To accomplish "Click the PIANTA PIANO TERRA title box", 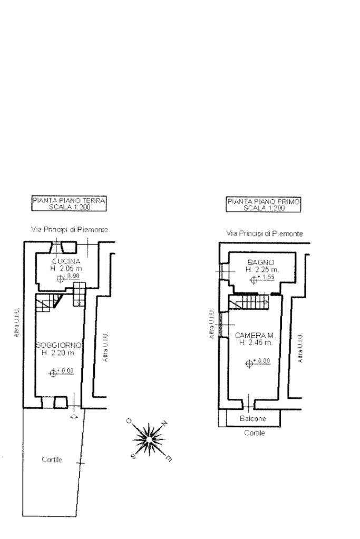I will coord(70,203).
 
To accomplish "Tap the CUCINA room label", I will coord(66,262).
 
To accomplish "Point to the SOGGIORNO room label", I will coord(59,345).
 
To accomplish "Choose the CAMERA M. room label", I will coord(256,335).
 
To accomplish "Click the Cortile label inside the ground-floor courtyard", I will coord(52,459).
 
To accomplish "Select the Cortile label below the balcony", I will coord(254,433).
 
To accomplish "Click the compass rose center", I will coord(149,438).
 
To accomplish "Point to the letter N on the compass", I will coord(164,423).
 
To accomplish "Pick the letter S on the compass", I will coord(133,457).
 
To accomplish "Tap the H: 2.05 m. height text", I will coord(66,269).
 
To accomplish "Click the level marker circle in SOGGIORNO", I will coord(52,373).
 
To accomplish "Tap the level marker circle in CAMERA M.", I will coord(249,363).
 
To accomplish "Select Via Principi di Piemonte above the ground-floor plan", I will coord(70,230).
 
